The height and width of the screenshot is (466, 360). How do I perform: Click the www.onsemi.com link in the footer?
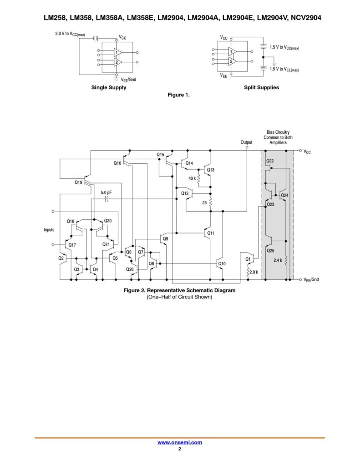click(x=179, y=442)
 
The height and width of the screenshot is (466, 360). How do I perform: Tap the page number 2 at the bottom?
click(x=180, y=449)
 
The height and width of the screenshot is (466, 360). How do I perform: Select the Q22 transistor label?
click(x=270, y=161)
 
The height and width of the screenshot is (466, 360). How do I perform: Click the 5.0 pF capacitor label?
click(x=106, y=192)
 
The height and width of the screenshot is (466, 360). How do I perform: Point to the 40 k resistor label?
click(x=192, y=178)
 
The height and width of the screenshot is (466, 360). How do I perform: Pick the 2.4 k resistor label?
click(x=277, y=260)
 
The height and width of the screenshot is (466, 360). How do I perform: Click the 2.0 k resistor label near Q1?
click(x=254, y=272)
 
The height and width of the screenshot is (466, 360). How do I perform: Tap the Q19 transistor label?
click(x=79, y=182)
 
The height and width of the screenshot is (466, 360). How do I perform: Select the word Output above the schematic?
click(x=246, y=142)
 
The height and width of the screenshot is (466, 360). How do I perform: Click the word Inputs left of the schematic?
click(x=50, y=230)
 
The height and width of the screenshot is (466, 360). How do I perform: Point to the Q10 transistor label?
click(x=222, y=263)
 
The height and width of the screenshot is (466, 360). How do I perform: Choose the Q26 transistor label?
click(x=130, y=269)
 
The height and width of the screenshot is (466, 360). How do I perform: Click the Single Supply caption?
click(x=109, y=87)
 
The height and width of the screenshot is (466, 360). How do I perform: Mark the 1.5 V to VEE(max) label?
click(x=284, y=69)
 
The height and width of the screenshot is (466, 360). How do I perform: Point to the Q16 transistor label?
click(x=117, y=162)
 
